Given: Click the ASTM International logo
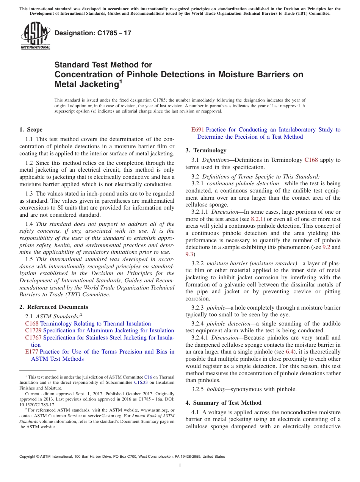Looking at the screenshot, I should click(x=35, y=36).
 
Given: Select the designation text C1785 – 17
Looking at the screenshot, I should click(x=93, y=33).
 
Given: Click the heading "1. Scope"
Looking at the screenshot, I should click(x=31, y=130).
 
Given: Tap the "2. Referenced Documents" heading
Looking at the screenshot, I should click(x=54, y=307).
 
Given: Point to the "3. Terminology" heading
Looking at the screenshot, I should click(x=206, y=150).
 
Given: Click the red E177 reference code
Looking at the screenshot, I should click(x=31, y=352).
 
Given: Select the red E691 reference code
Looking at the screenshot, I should click(x=198, y=130).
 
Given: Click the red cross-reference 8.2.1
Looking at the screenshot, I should click(x=258, y=219).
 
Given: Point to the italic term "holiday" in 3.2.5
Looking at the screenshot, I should click(x=216, y=389).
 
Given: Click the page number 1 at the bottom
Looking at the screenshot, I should click(x=180, y=466).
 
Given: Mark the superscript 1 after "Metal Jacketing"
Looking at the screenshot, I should click(x=121, y=81).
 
